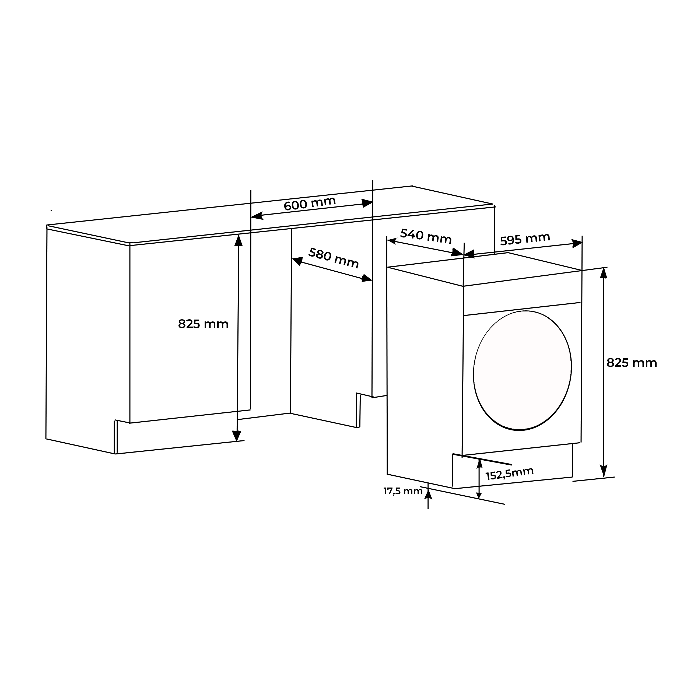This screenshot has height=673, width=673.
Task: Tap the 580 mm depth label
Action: coord(334,258)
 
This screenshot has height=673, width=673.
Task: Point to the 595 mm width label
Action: coord(525,239)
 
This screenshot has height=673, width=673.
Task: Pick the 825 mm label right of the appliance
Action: coord(632,363)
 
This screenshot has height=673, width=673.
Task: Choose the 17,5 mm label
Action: coord(403,491)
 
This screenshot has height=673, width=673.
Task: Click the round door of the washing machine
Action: coord(522,370)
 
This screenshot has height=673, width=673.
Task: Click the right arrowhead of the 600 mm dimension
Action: coord(367,203)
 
